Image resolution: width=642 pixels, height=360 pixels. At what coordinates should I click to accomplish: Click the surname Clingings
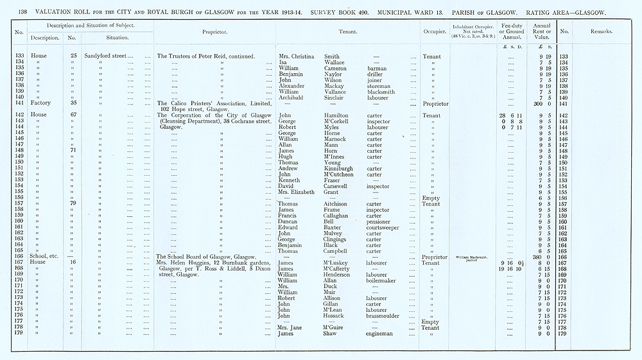337,239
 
